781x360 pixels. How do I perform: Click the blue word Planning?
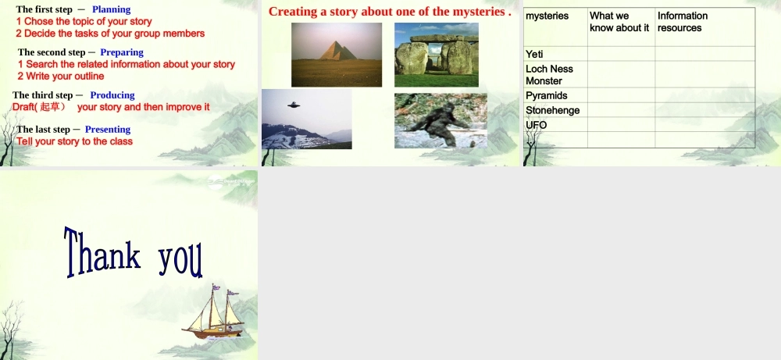click(111, 9)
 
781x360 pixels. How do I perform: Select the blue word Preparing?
click(122, 52)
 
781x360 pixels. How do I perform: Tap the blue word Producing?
click(112, 95)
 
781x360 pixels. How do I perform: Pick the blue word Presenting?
click(108, 130)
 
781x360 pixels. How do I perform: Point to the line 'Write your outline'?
click(65, 77)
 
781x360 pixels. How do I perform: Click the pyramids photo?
click(337, 54)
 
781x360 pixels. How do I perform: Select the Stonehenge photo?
click(436, 55)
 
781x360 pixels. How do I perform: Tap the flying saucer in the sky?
click(294, 105)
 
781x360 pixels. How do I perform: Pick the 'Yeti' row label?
click(535, 55)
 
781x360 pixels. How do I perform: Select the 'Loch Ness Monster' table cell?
click(549, 75)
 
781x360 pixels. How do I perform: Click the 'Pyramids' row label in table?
click(547, 96)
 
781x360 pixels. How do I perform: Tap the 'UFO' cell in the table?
click(537, 125)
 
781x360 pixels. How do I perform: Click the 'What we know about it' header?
click(619, 22)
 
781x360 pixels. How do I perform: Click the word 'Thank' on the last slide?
click(102, 254)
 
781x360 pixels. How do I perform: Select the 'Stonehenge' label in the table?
click(553, 111)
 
